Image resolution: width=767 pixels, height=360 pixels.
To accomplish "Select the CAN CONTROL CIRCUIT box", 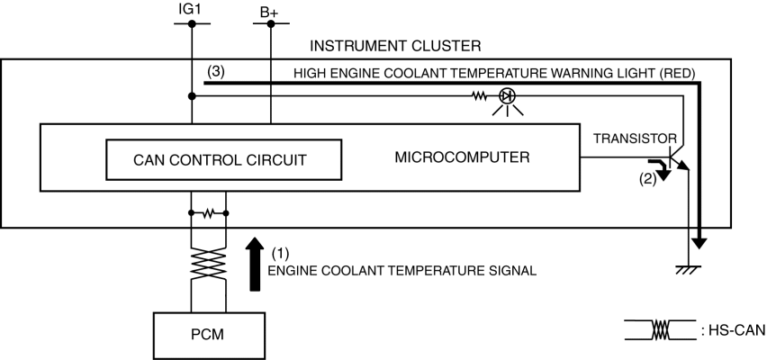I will (x=221, y=159).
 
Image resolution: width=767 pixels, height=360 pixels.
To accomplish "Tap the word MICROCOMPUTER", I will (x=462, y=157).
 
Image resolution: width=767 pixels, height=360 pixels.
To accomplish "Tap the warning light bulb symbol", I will (x=510, y=96).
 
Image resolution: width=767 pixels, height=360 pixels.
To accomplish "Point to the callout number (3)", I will (x=215, y=71).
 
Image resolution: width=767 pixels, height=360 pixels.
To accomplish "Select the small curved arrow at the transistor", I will (x=663, y=167).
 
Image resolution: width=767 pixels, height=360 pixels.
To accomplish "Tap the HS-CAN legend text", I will (x=732, y=330).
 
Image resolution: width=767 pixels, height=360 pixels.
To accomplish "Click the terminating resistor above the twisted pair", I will (x=210, y=214).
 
